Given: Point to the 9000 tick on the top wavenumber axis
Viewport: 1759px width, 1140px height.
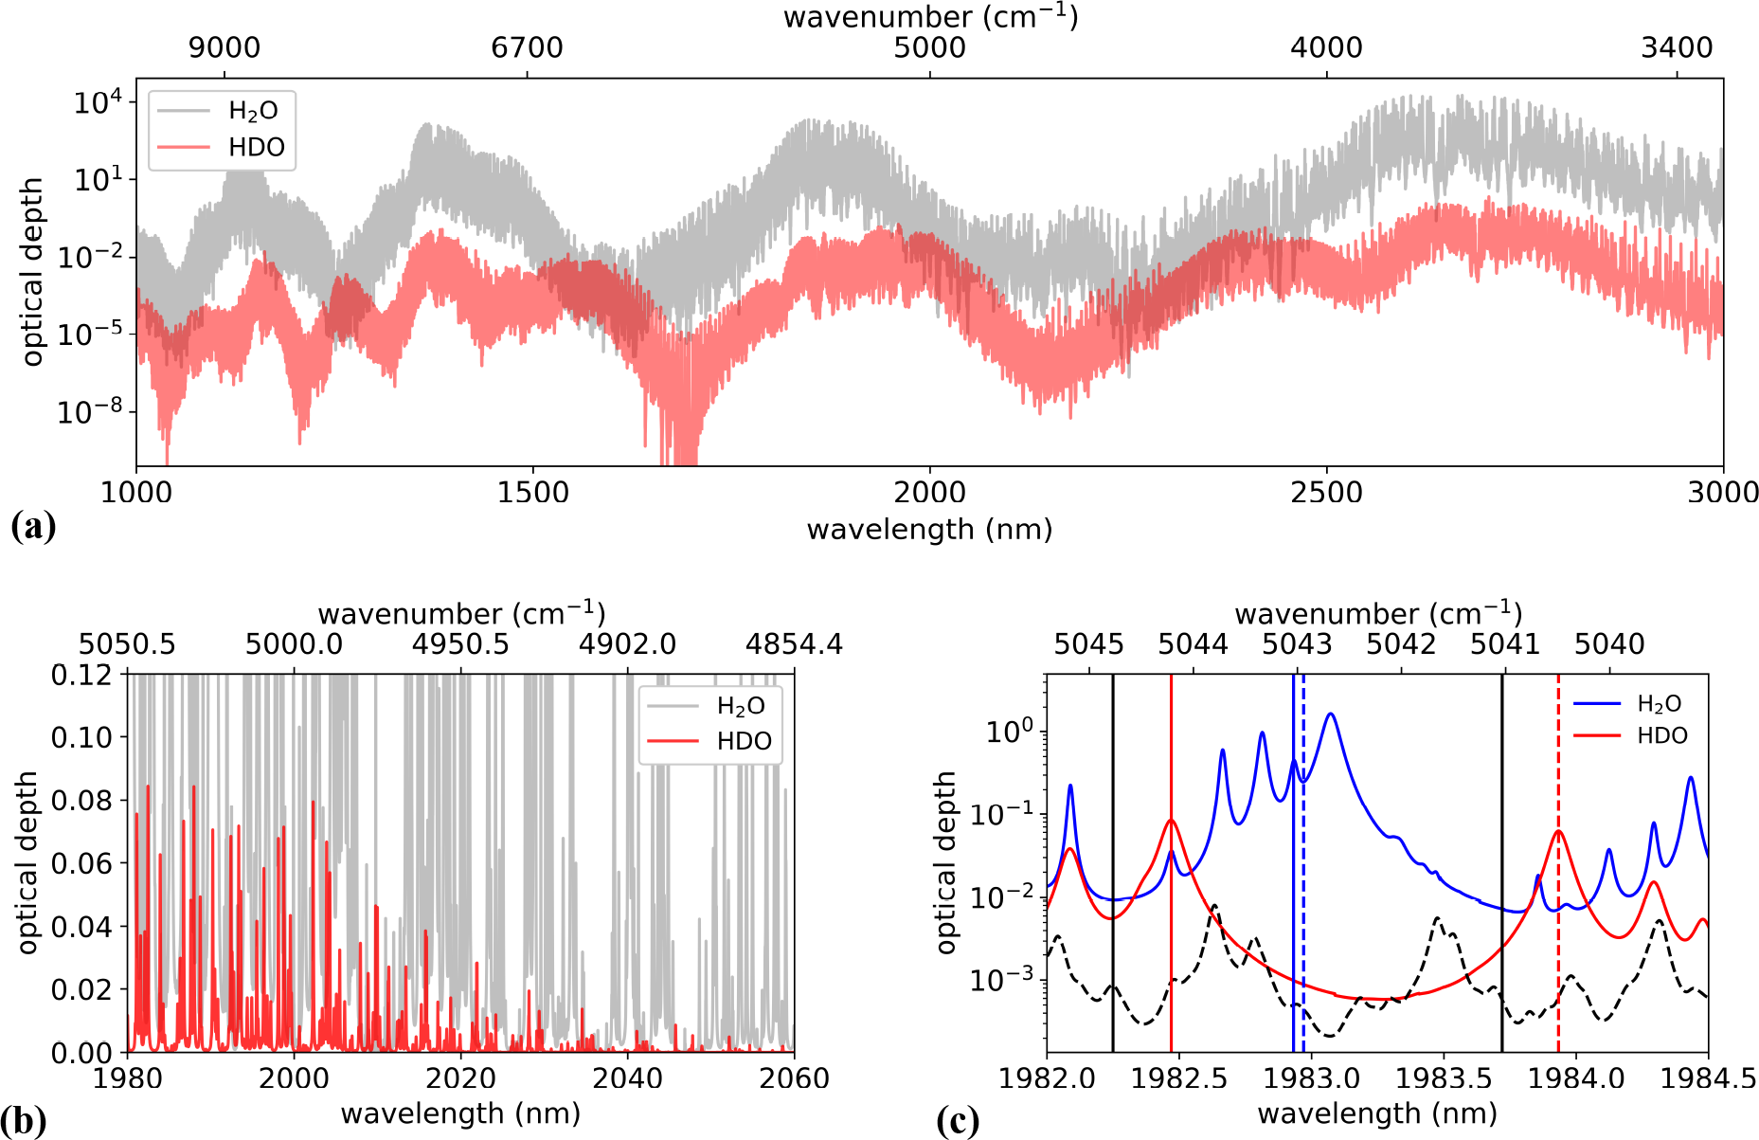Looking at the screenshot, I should [224, 48].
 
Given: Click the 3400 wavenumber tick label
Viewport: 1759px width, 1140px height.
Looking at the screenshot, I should [1677, 48].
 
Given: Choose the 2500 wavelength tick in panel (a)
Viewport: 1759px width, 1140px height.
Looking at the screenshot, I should [1326, 493].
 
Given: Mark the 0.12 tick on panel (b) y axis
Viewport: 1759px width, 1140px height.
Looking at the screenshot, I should [81, 675].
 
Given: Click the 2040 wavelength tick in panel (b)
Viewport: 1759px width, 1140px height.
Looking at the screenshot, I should [628, 1078].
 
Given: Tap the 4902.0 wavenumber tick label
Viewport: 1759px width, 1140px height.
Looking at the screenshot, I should [628, 644].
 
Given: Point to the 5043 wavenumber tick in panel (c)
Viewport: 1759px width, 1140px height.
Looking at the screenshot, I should [1297, 644].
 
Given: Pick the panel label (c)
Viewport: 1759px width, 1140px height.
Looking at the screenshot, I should [958, 1121].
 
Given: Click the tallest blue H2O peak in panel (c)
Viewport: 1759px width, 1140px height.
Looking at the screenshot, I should [1331, 715].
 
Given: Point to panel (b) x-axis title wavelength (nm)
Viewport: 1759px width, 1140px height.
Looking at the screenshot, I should [460, 1113].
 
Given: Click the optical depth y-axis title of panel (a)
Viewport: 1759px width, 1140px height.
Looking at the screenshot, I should [33, 271].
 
